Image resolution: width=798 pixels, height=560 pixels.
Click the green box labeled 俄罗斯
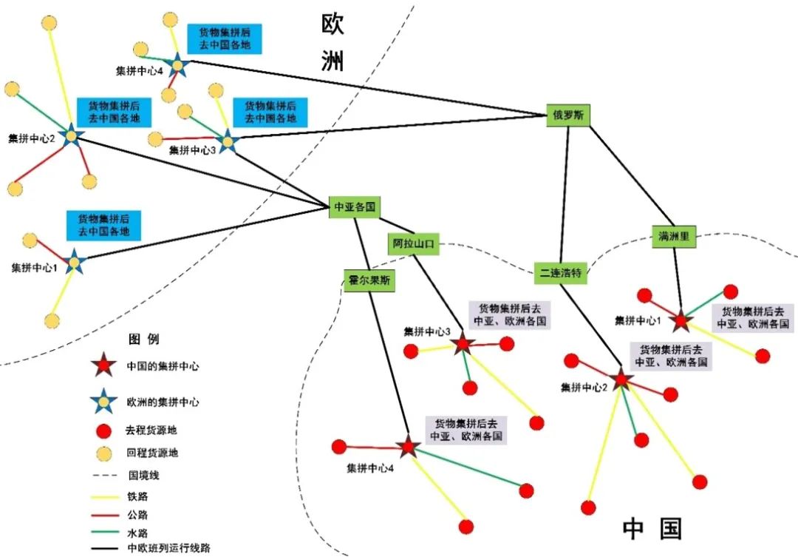pyautogui.click(x=569, y=115)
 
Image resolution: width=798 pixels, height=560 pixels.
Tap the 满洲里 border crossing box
pyautogui.click(x=674, y=237)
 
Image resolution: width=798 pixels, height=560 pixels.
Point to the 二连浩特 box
pyautogui.click(x=562, y=273)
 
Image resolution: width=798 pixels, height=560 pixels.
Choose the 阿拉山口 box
pyautogui.click(x=413, y=243)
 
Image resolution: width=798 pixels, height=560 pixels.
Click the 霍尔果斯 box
pyautogui.click(x=369, y=281)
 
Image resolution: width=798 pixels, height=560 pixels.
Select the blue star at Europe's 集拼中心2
pyautogui.click(x=71, y=136)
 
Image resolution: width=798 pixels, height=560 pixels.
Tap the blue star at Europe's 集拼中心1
pyautogui.click(x=73, y=262)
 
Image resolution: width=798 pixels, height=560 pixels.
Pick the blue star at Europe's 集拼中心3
pyautogui.click(x=227, y=141)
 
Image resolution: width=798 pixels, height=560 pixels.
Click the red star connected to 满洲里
pyautogui.click(x=681, y=320)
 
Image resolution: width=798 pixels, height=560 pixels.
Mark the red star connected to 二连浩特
pyautogui.click(x=621, y=379)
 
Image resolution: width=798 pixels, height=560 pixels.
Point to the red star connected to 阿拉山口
pyautogui.click(x=463, y=343)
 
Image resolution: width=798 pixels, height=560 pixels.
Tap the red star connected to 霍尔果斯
pyautogui.click(x=407, y=447)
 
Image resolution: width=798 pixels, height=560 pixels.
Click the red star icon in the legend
pyautogui.click(x=103, y=365)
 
